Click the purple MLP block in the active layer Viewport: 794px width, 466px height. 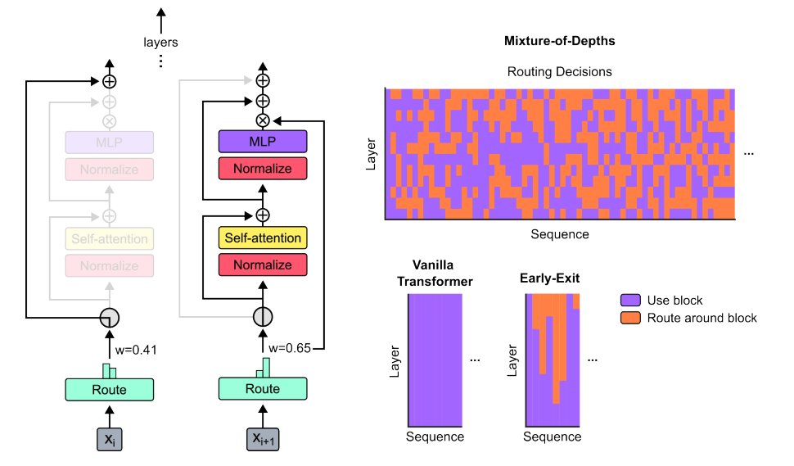click(x=262, y=142)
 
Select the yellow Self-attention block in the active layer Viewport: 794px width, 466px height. click(x=262, y=238)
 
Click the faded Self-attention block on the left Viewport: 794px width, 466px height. click(x=110, y=239)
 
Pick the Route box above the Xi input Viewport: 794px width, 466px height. click(x=109, y=389)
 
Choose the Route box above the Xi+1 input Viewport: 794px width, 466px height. click(x=262, y=389)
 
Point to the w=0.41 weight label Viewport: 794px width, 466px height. click(x=136, y=350)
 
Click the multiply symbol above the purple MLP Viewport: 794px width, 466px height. click(x=262, y=120)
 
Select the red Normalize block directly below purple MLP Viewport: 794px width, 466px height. click(x=262, y=169)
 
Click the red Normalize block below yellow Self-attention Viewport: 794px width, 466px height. click(x=262, y=265)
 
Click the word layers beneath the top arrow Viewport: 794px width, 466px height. click(x=160, y=42)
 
